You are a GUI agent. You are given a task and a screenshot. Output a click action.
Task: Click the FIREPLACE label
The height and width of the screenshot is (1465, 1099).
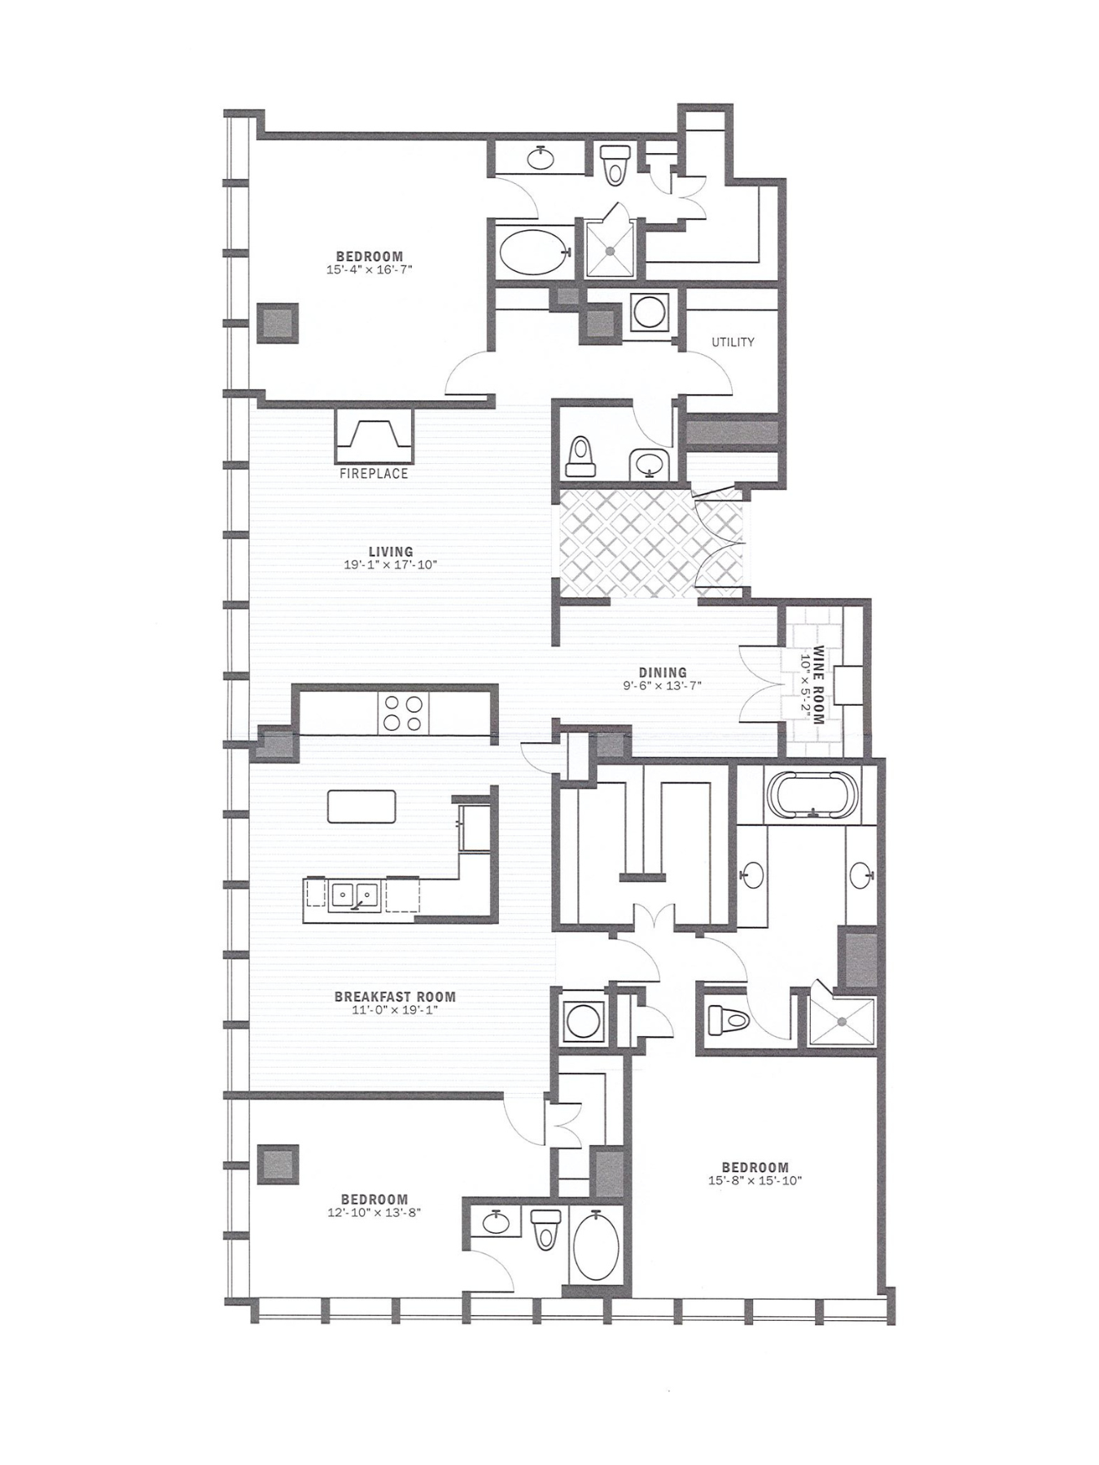click(374, 473)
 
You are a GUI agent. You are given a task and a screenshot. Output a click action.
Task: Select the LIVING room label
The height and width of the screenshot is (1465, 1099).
click(391, 552)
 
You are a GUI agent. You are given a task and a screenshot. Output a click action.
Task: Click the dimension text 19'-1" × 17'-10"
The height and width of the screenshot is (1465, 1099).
click(391, 564)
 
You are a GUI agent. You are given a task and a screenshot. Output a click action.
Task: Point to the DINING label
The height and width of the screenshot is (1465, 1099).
click(662, 672)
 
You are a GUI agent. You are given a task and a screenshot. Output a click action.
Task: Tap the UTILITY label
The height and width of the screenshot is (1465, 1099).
click(733, 342)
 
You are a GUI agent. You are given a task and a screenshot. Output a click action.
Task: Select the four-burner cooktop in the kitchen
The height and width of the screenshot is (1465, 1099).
click(404, 713)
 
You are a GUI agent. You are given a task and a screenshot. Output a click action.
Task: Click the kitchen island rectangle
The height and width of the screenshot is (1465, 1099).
click(361, 807)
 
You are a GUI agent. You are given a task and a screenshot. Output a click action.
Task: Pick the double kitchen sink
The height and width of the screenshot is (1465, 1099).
click(354, 896)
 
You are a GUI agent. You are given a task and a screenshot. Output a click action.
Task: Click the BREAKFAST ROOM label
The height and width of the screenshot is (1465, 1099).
click(395, 996)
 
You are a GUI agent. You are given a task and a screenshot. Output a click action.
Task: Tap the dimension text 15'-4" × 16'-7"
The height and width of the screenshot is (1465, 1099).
click(370, 269)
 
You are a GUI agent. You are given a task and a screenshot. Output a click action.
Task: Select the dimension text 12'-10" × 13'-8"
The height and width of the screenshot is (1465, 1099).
click(374, 1212)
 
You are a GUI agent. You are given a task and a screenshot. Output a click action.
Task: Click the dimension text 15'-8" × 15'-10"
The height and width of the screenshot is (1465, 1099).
click(755, 1180)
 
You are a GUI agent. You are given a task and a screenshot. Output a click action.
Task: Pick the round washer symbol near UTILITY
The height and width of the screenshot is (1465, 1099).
click(650, 312)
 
